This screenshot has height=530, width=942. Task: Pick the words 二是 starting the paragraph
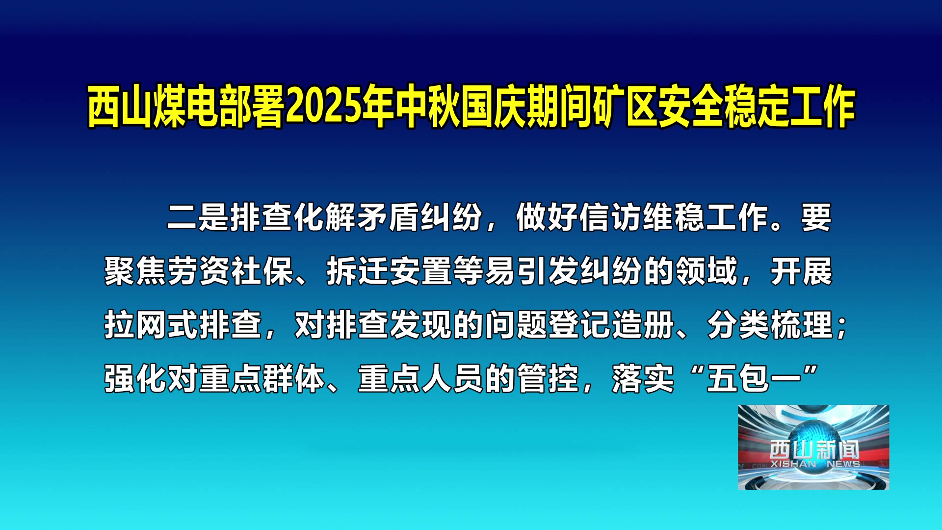click(198, 217)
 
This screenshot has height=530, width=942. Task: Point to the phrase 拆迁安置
click(389, 271)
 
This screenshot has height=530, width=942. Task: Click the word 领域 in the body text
click(706, 271)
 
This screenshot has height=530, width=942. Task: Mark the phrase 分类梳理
click(770, 325)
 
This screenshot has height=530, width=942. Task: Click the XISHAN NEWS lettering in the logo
click(815, 464)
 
